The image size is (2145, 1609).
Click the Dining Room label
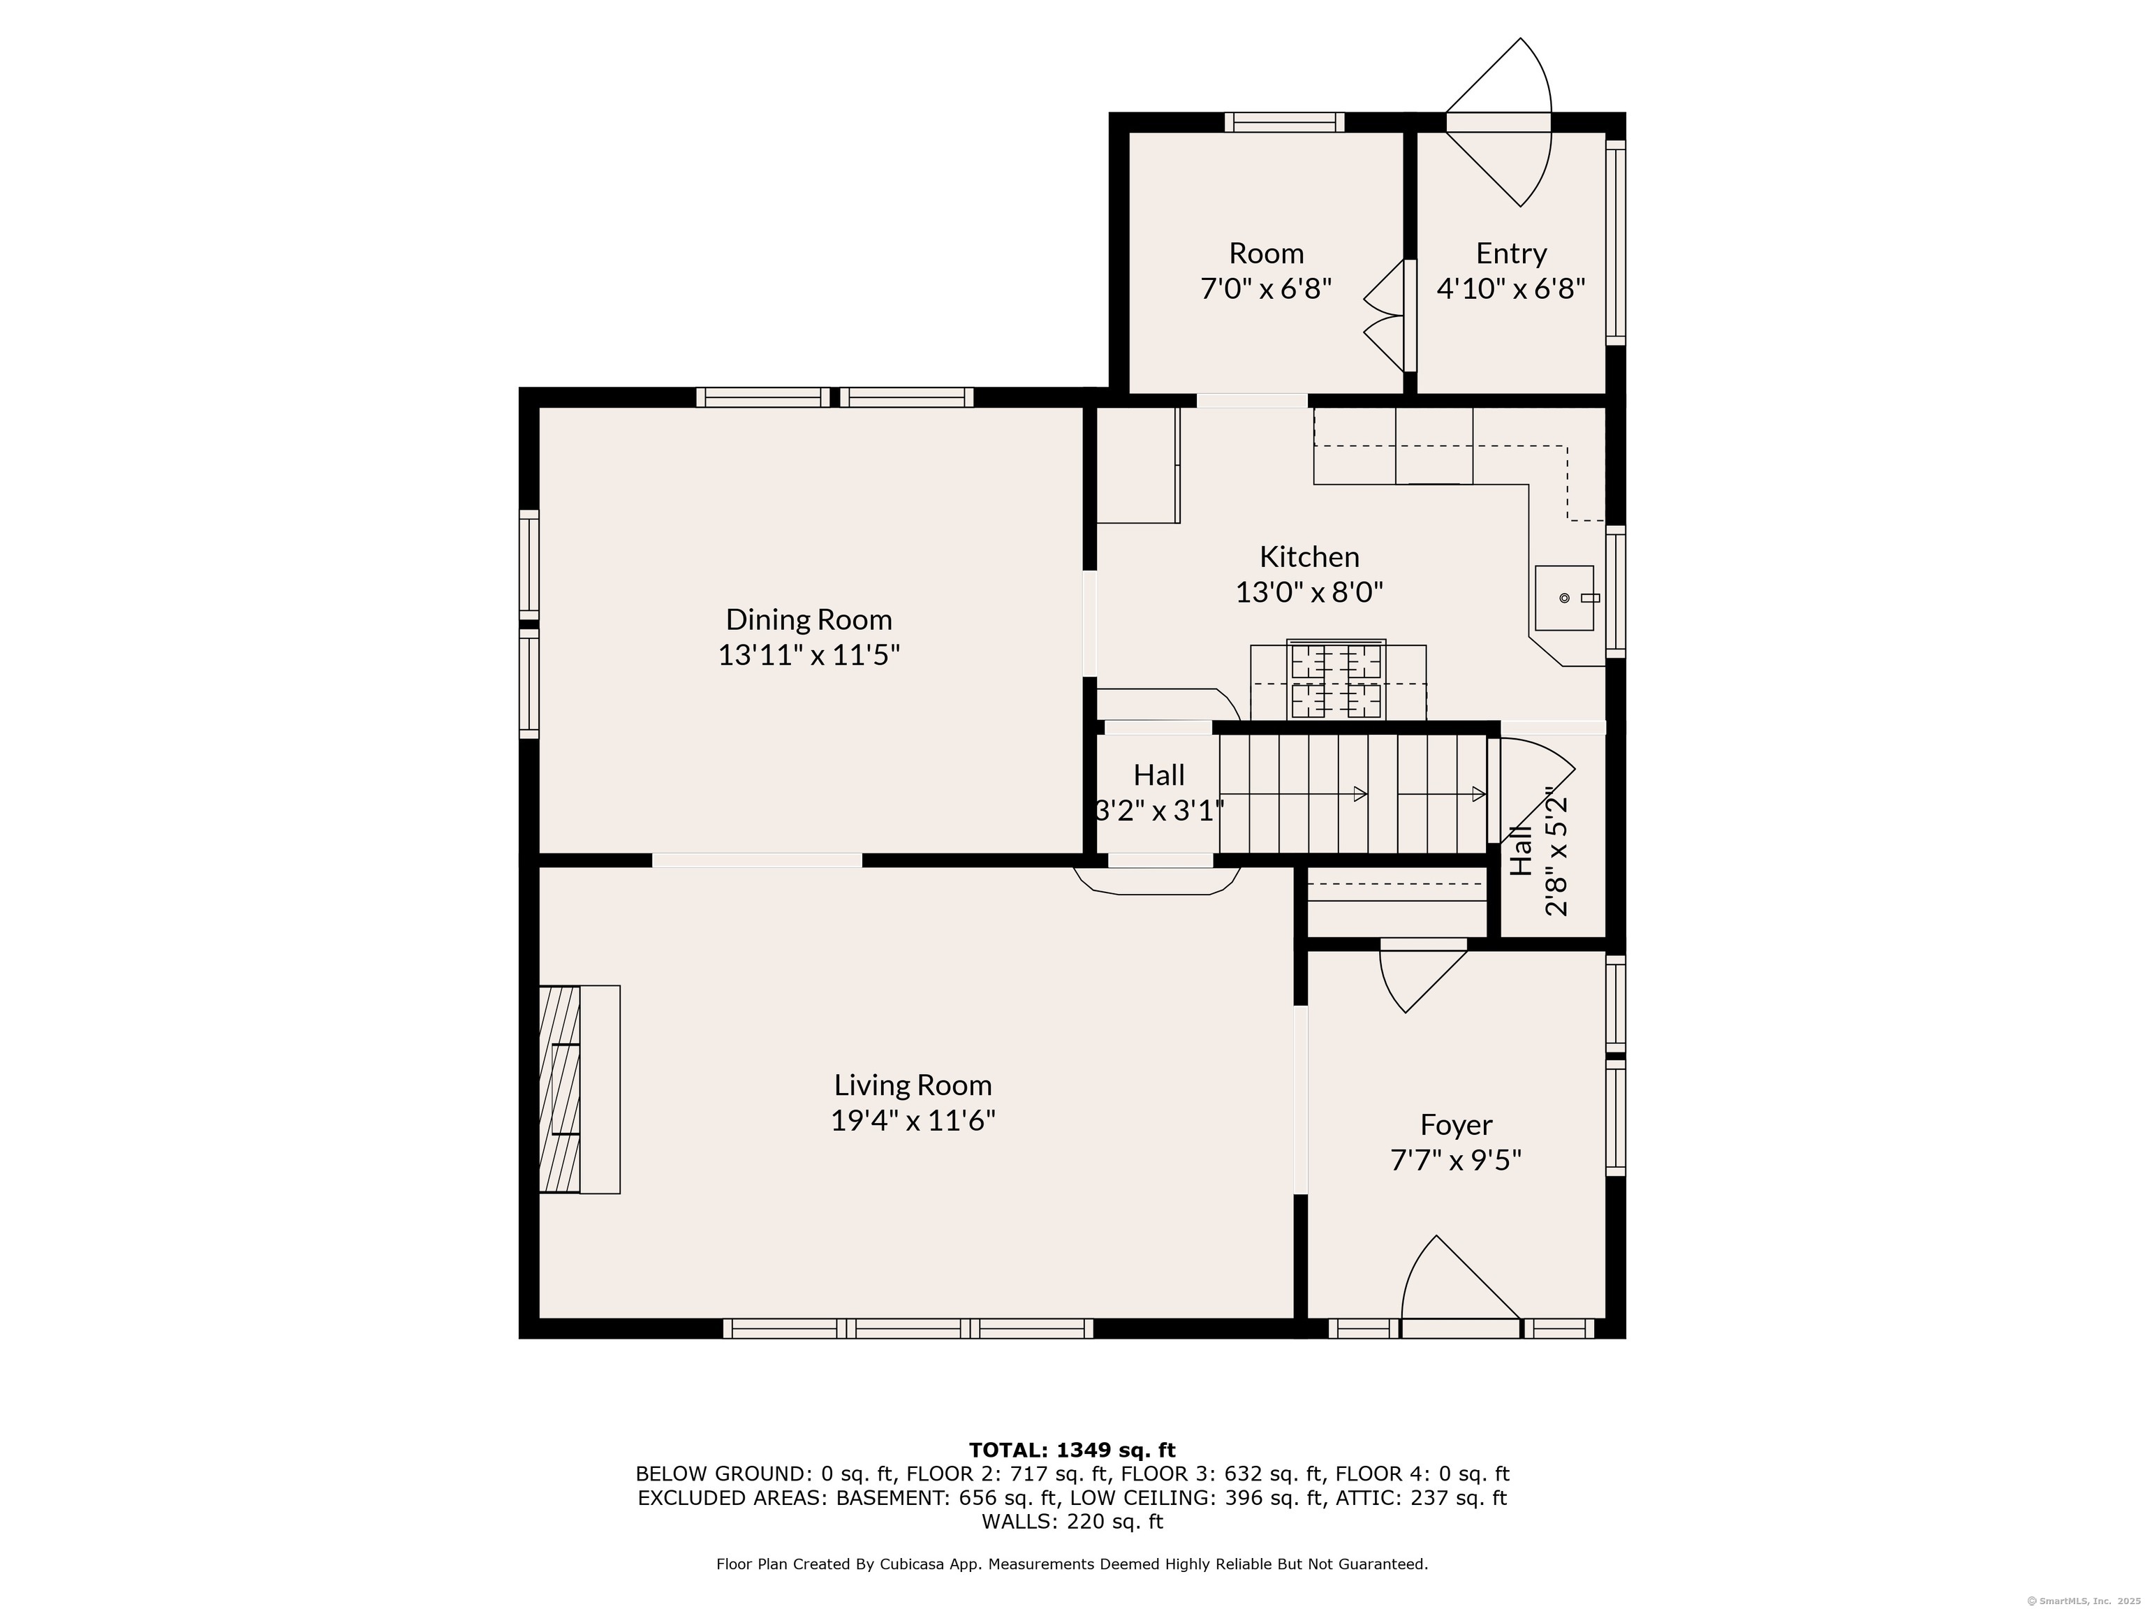pyautogui.click(x=808, y=619)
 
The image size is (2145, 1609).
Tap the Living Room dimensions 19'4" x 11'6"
pyautogui.click(x=913, y=1120)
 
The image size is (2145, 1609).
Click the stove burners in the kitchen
pyautogui.click(x=1336, y=680)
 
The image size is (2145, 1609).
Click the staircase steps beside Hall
pyautogui.click(x=1352, y=793)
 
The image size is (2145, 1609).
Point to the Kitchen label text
pyautogui.click(x=1309, y=557)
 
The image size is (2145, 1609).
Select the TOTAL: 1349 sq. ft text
pyautogui.click(x=1072, y=1450)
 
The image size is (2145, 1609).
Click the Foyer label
pyautogui.click(x=1456, y=1124)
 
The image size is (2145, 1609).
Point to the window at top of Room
pyautogui.click(x=1284, y=122)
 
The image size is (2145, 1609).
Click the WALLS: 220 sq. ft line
pyautogui.click(x=1072, y=1522)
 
